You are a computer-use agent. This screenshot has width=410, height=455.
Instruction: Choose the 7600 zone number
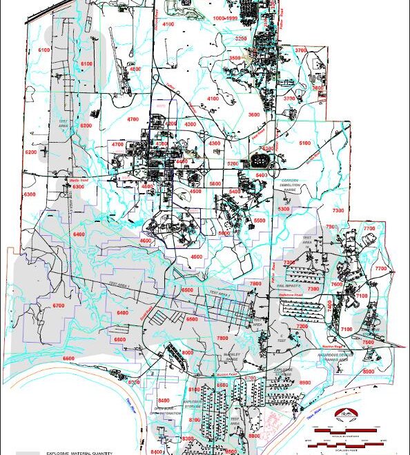point(337,284)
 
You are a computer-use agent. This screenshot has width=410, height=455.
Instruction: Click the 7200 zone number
point(302,325)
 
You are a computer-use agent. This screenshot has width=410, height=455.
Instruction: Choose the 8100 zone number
point(194,390)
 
